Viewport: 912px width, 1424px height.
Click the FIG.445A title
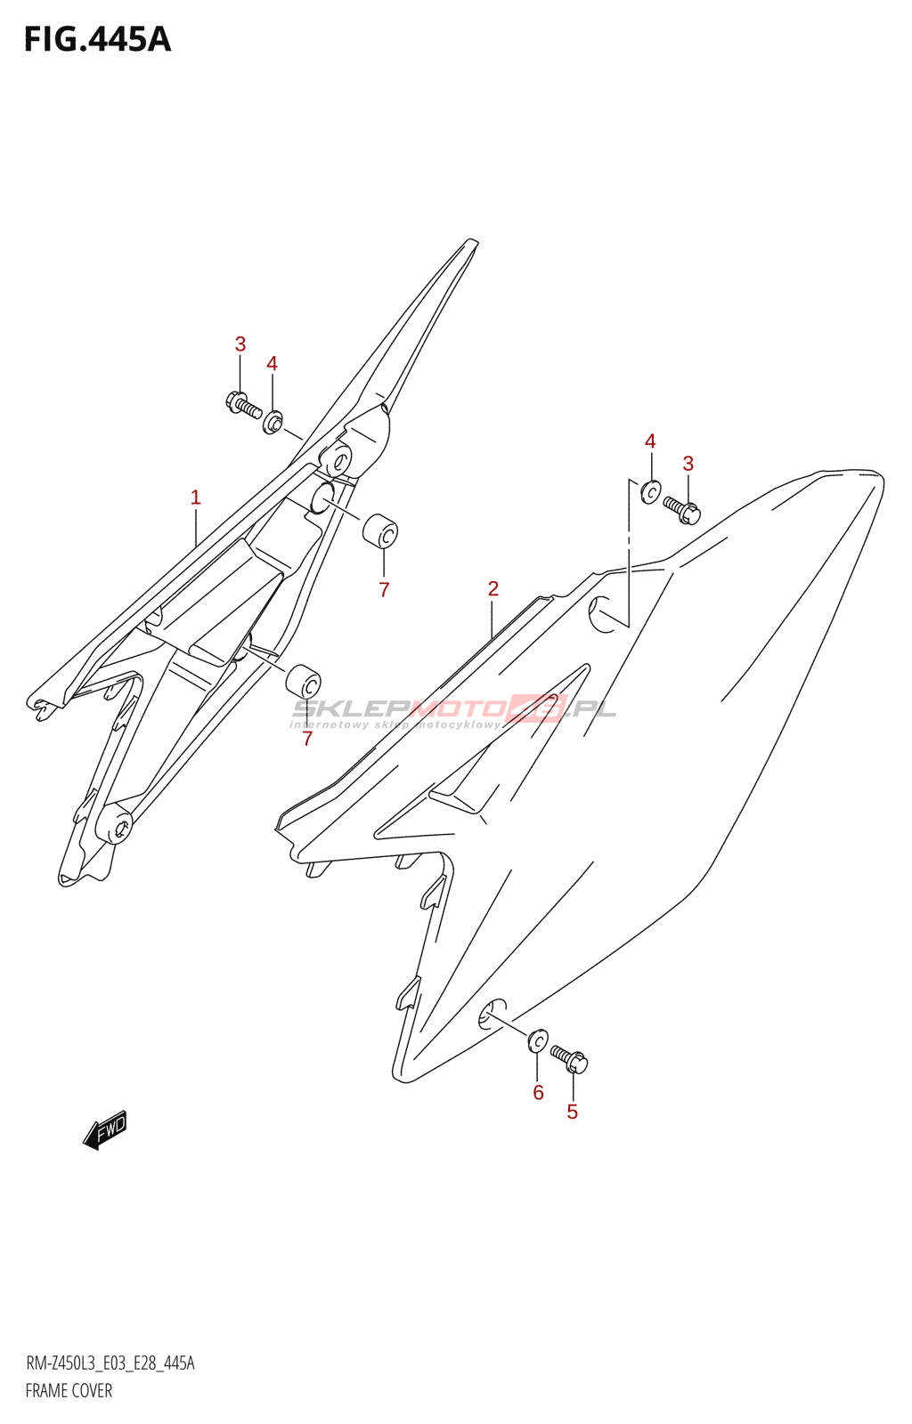coord(97,40)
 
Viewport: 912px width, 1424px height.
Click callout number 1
coord(196,498)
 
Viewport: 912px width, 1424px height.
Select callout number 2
coord(493,588)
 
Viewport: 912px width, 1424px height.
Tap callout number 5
coord(572,1112)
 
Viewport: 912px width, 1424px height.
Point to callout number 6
coord(538,1092)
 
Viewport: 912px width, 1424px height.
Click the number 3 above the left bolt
coord(240,344)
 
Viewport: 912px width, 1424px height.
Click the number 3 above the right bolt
coord(688,464)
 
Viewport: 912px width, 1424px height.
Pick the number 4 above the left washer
coord(272,364)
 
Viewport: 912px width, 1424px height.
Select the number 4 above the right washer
coord(650,441)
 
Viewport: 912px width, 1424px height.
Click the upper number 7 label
coord(384,589)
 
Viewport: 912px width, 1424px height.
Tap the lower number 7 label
coord(307,739)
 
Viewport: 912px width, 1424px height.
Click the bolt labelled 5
coord(570,1059)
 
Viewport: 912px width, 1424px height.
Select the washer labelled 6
coord(538,1040)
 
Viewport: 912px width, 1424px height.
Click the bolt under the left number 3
coord(243,405)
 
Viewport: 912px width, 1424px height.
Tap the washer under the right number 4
coord(651,490)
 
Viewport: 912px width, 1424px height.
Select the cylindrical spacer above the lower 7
coord(304,682)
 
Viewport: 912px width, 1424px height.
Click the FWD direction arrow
coord(105,1129)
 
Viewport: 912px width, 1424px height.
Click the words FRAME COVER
coord(69,1391)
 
